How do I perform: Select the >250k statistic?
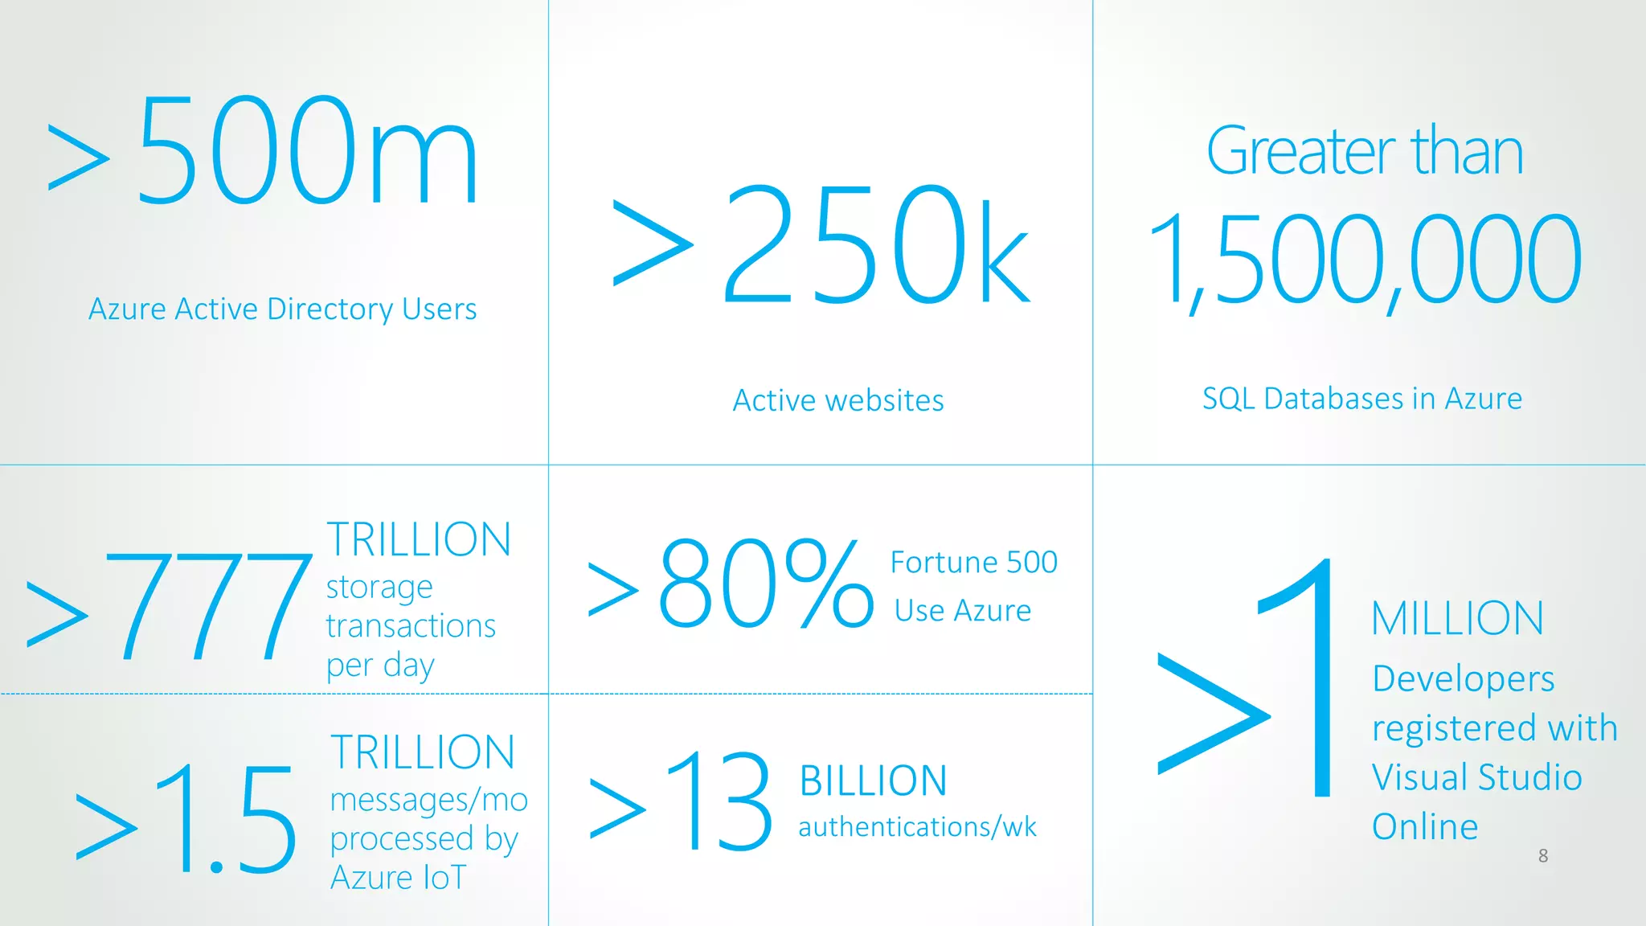click(820, 245)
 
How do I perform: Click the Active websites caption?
click(838, 400)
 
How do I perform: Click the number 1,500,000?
click(1366, 259)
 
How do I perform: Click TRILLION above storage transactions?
click(419, 539)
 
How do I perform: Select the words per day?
click(380, 666)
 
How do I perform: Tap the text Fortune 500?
click(973, 562)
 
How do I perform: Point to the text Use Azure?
click(962, 611)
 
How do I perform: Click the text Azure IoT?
click(398, 877)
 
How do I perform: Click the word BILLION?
click(874, 781)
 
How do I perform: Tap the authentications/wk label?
click(917, 827)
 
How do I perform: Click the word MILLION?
click(1457, 618)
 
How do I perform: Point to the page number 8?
click(1543, 856)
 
